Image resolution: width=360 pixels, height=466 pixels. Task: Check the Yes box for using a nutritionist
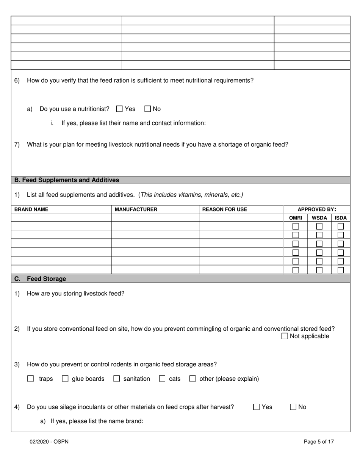tap(119, 109)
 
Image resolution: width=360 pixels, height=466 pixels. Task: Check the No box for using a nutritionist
tap(148, 109)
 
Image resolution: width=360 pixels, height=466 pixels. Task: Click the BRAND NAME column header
tap(31, 210)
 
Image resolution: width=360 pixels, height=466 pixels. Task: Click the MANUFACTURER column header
tap(136, 210)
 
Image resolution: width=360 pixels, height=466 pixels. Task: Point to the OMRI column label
tap(296, 218)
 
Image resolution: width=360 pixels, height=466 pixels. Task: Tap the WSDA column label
tap(319, 218)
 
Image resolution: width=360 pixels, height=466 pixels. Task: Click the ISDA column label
tap(341, 218)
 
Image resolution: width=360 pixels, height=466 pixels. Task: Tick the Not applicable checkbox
tap(285, 336)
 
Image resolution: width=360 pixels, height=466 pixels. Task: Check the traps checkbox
tap(31, 379)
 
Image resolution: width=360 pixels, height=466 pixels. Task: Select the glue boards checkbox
tap(65, 379)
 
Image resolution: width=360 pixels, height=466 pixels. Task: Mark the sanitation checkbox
tap(117, 379)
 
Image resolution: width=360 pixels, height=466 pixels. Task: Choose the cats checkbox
tap(162, 379)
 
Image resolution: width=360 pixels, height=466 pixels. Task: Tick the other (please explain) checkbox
tap(193, 379)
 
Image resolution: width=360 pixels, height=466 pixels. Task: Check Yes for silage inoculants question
tap(257, 407)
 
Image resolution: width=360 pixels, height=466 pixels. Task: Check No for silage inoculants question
tap(293, 407)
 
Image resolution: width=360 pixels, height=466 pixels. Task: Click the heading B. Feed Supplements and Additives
tap(67, 180)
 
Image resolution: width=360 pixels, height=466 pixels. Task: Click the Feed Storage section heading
tap(46, 279)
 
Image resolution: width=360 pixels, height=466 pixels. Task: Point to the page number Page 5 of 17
tap(319, 441)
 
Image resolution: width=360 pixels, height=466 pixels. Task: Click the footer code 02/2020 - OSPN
tap(49, 441)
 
